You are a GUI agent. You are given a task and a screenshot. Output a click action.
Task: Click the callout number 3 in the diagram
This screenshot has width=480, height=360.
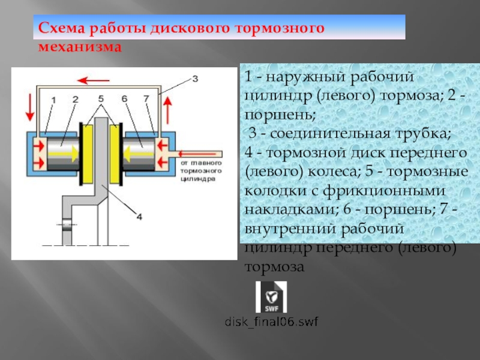tap(194, 77)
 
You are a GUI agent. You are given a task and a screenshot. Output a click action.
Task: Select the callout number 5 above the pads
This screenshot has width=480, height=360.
tap(101, 98)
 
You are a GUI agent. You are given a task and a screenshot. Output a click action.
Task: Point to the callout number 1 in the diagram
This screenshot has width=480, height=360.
tap(53, 98)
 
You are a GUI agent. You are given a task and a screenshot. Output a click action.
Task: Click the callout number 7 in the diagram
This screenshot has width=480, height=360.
tap(146, 98)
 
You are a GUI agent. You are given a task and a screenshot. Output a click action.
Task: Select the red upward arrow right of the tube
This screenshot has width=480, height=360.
tap(168, 108)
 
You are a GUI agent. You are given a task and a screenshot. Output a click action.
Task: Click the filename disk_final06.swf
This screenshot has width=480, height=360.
tap(271, 322)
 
